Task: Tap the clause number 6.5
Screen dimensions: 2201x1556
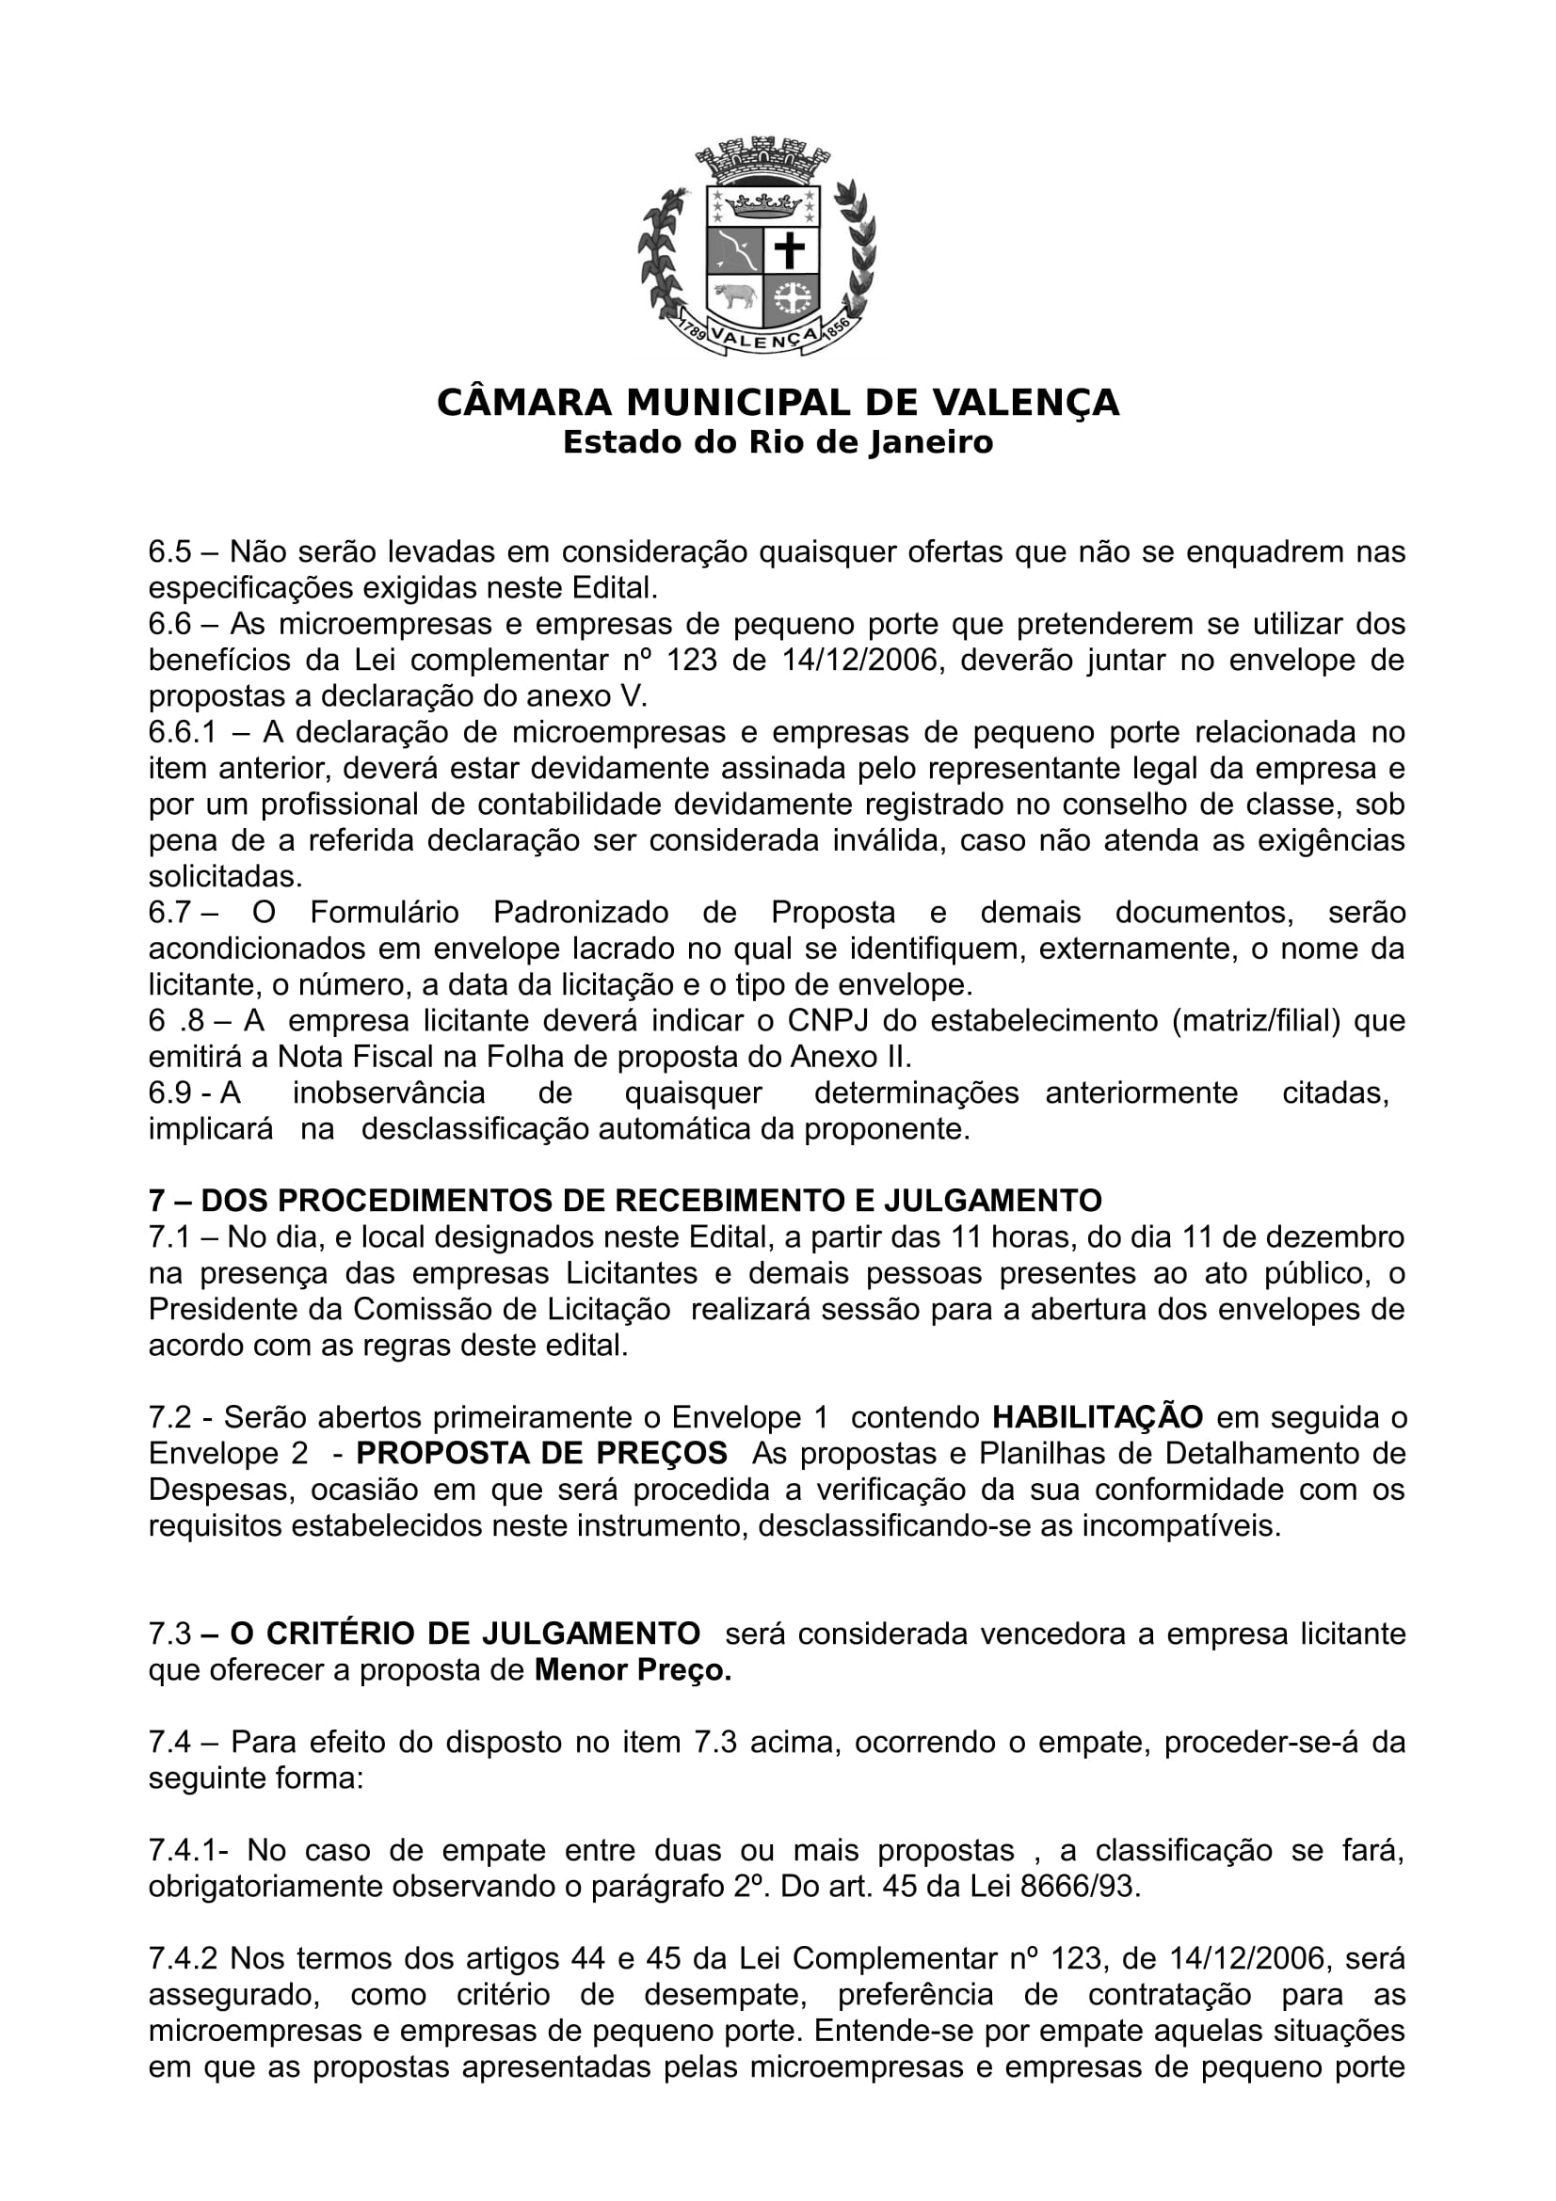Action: click(x=169, y=552)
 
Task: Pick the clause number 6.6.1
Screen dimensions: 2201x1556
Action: click(x=183, y=732)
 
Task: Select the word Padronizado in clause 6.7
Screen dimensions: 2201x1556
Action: click(x=581, y=913)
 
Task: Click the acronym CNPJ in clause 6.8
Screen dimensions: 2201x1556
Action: click(x=827, y=1021)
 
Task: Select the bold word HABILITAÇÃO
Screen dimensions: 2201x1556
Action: click(x=1098, y=1417)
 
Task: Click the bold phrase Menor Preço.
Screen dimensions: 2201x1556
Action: click(x=633, y=1670)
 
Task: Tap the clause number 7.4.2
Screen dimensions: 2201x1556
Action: click(x=183, y=1957)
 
